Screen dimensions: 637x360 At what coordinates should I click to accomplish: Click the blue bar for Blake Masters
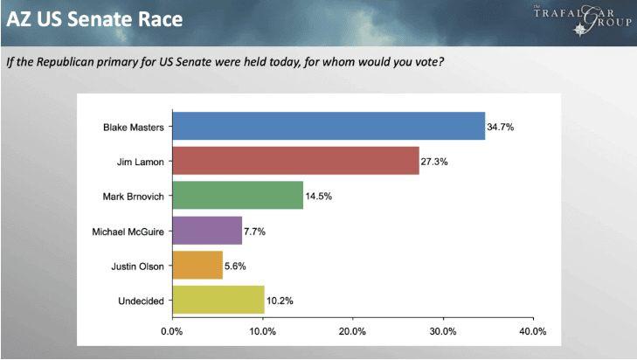(329, 126)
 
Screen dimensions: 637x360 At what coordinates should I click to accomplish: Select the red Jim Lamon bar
(295, 161)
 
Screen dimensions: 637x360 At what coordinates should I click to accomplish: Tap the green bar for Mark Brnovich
(238, 196)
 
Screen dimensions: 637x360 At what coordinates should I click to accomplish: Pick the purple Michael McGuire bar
(207, 231)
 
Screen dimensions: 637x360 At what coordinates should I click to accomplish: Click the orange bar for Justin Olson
(197, 266)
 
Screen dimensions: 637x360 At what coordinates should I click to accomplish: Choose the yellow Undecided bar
(218, 300)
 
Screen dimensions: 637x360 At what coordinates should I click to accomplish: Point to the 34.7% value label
(501, 128)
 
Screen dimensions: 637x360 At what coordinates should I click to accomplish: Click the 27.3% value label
(434, 162)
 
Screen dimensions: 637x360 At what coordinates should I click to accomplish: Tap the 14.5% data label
(318, 197)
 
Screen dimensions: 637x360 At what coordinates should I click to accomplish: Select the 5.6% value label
(235, 267)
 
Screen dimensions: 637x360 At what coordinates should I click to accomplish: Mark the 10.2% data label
(280, 301)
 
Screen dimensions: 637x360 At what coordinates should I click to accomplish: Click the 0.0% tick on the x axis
(172, 331)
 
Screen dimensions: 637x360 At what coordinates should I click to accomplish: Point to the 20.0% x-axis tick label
(352, 331)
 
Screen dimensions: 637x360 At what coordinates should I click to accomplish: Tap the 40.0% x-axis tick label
(533, 331)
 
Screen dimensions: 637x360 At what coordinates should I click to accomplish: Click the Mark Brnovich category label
(133, 197)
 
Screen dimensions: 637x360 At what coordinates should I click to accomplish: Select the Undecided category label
(141, 301)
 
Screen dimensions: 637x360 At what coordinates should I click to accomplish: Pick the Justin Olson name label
(138, 267)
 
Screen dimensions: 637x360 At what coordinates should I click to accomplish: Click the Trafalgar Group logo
(583, 20)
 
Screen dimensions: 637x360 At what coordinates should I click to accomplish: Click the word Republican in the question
(66, 62)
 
